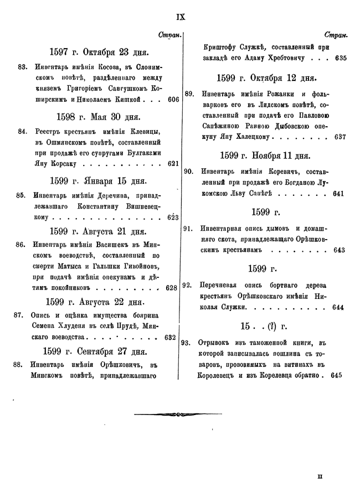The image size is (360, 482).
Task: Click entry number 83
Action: [x=23, y=68]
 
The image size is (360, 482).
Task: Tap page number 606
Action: [x=173, y=100]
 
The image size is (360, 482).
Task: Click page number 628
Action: [x=171, y=288]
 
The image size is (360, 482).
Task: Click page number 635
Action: [x=340, y=58]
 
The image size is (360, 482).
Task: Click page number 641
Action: [x=339, y=194]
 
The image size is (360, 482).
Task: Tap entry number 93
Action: [x=187, y=341]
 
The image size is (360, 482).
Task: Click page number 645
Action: [x=336, y=375]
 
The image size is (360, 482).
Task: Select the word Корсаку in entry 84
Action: [x=63, y=164]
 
